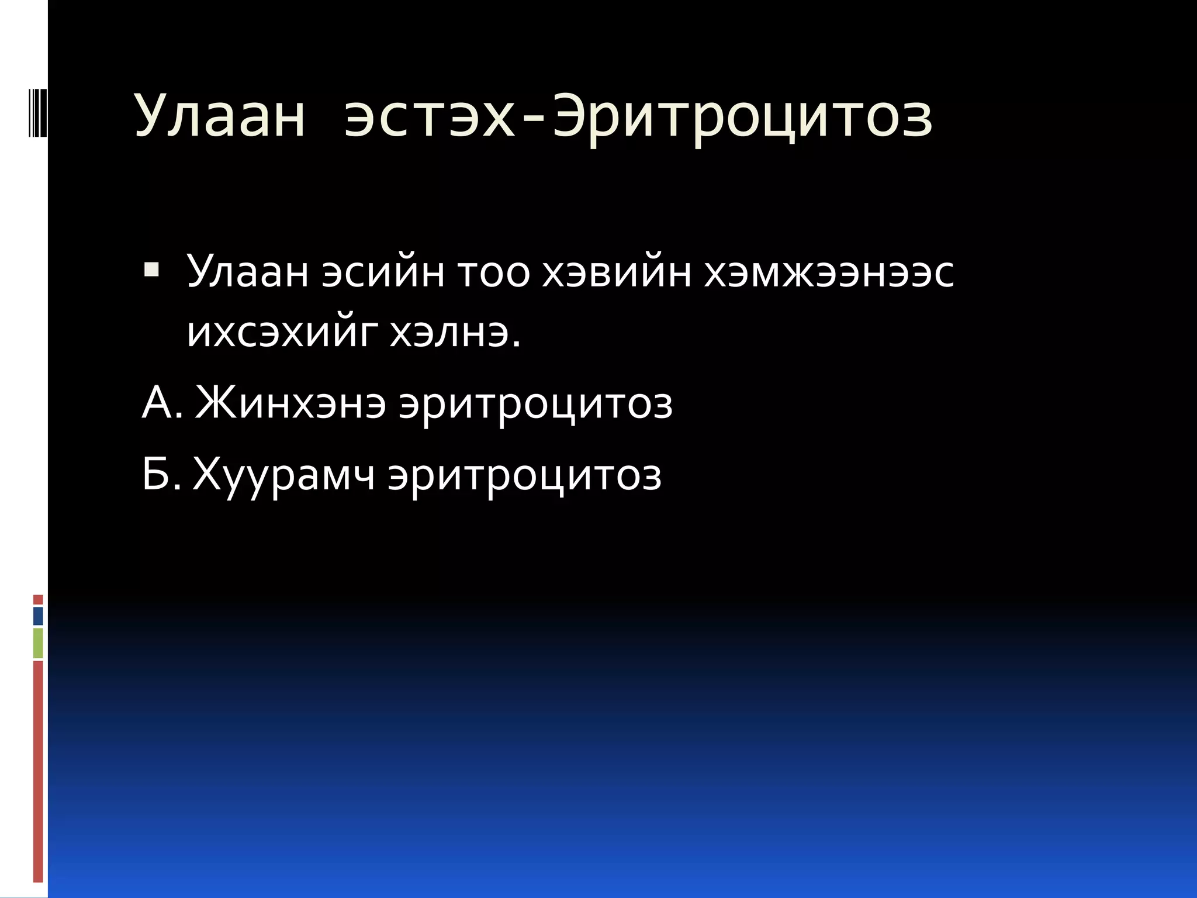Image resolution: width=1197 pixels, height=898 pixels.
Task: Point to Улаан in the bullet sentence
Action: click(x=248, y=272)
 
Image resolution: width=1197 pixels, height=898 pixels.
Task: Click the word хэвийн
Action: click(x=617, y=272)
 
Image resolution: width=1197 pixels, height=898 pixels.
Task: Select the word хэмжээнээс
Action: click(x=829, y=272)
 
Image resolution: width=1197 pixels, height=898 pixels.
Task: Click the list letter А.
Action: click(x=159, y=403)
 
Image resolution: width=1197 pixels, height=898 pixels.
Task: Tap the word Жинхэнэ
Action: click(x=290, y=403)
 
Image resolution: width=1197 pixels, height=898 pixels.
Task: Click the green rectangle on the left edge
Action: click(x=38, y=643)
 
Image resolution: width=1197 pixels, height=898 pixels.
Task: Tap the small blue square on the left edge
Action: click(x=38, y=616)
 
